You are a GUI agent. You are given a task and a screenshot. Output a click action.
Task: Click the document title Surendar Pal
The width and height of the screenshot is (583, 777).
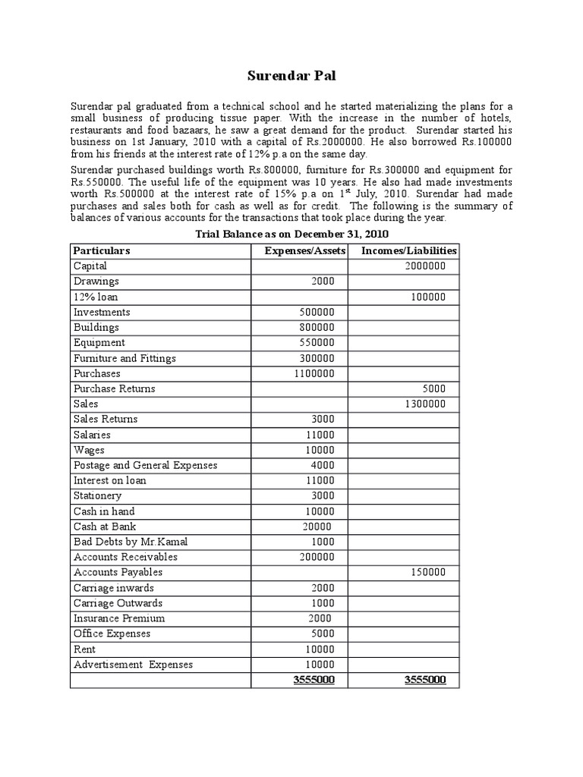pyautogui.click(x=291, y=76)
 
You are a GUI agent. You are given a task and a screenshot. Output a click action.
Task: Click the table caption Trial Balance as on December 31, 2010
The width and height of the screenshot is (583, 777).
pyautogui.click(x=291, y=234)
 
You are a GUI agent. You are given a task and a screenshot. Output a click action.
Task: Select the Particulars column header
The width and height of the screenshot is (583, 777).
pyautogui.click(x=102, y=250)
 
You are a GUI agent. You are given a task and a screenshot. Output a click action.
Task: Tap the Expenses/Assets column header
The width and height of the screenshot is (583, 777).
pyautogui.click(x=305, y=250)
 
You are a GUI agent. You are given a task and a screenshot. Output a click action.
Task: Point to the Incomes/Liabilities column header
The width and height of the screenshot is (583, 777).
pyautogui.click(x=409, y=250)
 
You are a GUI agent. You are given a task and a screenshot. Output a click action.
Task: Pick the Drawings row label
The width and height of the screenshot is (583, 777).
pyautogui.click(x=96, y=282)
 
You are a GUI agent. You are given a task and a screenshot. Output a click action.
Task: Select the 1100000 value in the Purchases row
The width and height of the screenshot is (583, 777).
pyautogui.click(x=313, y=373)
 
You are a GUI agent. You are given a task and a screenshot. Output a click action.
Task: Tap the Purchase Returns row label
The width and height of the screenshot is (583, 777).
pyautogui.click(x=114, y=388)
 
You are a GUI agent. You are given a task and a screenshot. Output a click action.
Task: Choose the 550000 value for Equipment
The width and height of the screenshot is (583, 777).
pyautogui.click(x=317, y=343)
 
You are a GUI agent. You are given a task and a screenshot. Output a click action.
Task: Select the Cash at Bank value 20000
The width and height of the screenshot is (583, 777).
pyautogui.click(x=317, y=527)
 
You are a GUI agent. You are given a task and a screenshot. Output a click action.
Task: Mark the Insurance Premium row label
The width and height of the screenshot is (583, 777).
pyautogui.click(x=118, y=618)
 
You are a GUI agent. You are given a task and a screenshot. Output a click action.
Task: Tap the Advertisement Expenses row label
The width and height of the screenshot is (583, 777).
pyautogui.click(x=133, y=665)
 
